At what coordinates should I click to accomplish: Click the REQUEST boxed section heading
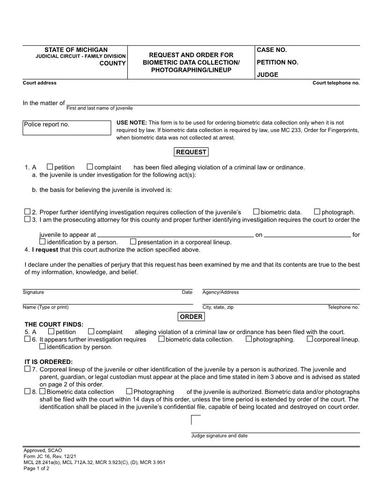click(191, 152)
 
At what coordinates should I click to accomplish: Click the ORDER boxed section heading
click(191, 317)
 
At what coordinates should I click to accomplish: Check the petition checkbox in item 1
click(50, 167)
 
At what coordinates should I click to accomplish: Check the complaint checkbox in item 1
click(90, 167)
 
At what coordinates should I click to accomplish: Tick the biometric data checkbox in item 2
click(256, 212)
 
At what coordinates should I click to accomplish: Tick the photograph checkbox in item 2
click(317, 212)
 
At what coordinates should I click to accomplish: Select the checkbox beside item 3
click(28, 219)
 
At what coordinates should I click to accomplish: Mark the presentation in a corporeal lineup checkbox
click(133, 242)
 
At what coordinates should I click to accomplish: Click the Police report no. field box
click(67, 128)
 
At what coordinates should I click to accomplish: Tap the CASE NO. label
click(272, 50)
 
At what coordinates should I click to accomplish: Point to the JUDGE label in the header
click(267, 75)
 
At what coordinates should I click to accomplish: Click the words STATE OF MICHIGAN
click(76, 50)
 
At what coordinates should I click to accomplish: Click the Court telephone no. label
click(336, 83)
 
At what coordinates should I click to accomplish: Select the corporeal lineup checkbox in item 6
click(309, 339)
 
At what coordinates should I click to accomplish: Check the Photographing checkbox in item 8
click(129, 392)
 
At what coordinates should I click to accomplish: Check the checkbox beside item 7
click(28, 369)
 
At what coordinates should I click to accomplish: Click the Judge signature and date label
click(219, 436)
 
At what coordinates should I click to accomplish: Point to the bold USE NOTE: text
click(132, 123)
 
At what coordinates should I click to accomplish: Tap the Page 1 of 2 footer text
click(36, 468)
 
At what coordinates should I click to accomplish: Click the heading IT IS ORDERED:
click(49, 362)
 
